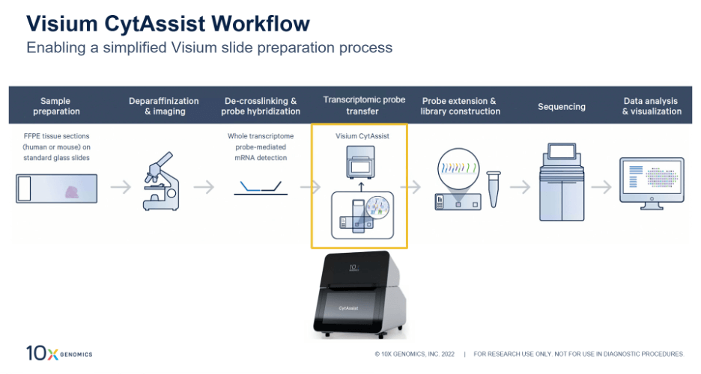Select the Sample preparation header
point(55,106)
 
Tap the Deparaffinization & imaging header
point(163,106)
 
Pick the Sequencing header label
point(561,107)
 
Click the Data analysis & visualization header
point(651,106)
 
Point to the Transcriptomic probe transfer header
point(364,105)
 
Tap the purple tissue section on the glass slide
point(76,191)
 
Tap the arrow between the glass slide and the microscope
point(121,187)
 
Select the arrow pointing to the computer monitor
point(601,187)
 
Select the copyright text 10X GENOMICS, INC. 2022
point(416,354)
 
